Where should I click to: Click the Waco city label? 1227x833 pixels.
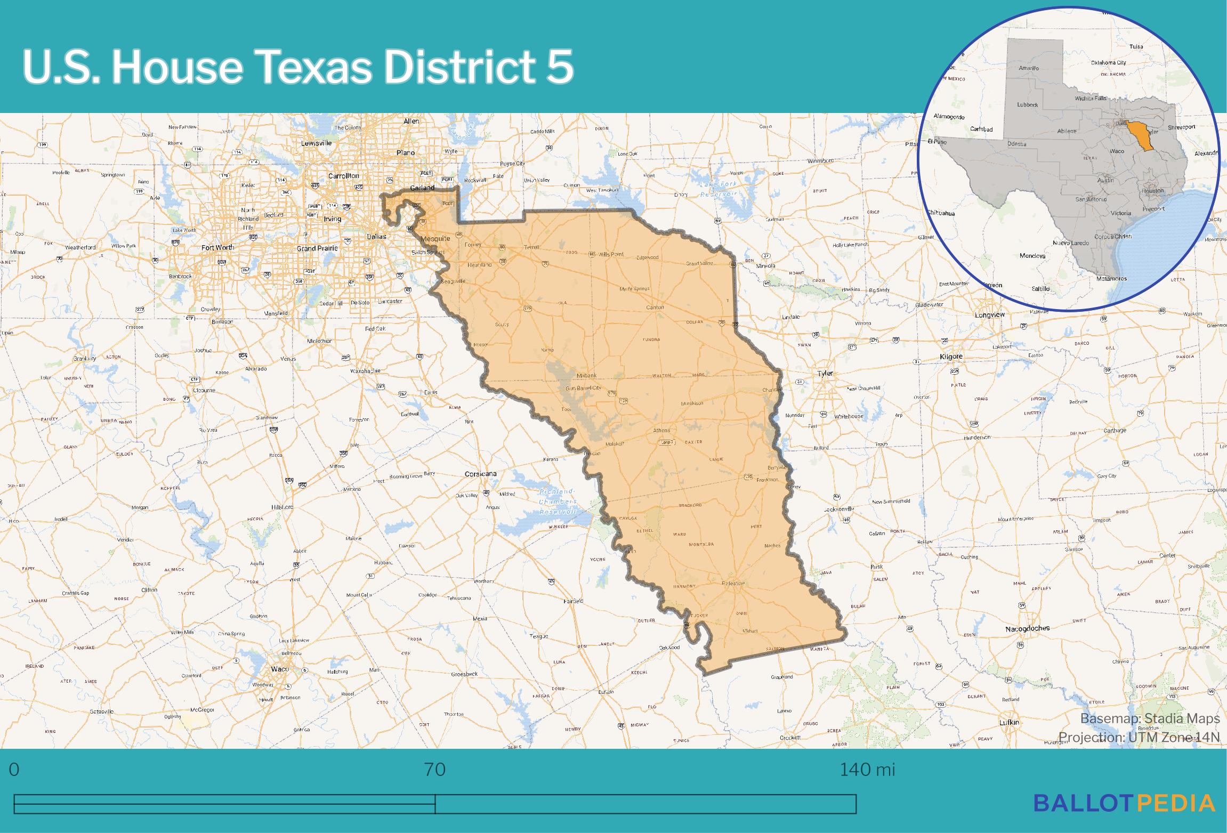click(x=280, y=669)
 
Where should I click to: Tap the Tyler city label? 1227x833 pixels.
click(x=825, y=373)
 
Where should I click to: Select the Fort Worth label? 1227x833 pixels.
click(x=217, y=247)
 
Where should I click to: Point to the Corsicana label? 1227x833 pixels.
click(x=480, y=474)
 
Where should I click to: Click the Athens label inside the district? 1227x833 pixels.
click(x=661, y=430)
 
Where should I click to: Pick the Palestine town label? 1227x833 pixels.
click(x=733, y=583)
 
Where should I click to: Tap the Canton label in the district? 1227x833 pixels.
click(x=655, y=307)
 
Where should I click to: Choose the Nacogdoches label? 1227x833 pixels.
click(x=1027, y=629)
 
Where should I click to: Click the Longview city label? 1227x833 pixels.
click(x=990, y=315)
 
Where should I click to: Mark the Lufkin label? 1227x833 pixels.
click(x=1010, y=723)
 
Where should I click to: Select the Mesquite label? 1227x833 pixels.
click(x=435, y=238)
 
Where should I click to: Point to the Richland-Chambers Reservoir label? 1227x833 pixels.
click(x=558, y=502)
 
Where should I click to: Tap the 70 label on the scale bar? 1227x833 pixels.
click(x=435, y=770)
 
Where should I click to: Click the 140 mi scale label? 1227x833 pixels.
click(x=867, y=770)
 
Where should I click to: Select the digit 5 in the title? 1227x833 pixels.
click(x=559, y=67)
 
